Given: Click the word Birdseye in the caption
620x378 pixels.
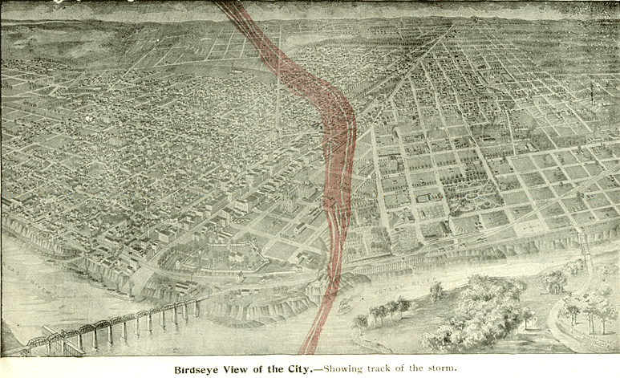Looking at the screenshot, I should [201, 369].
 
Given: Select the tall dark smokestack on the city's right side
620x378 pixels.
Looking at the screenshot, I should [592, 95].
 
